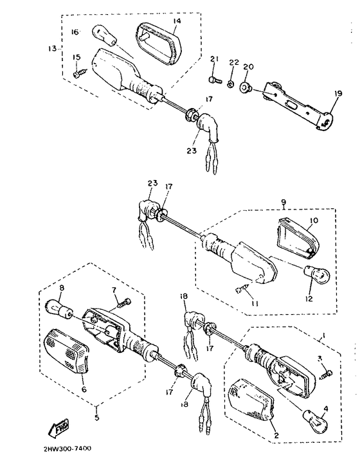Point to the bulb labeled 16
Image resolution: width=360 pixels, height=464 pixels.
104,35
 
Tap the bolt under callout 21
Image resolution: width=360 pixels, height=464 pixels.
214,80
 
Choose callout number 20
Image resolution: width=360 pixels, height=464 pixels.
248,67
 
